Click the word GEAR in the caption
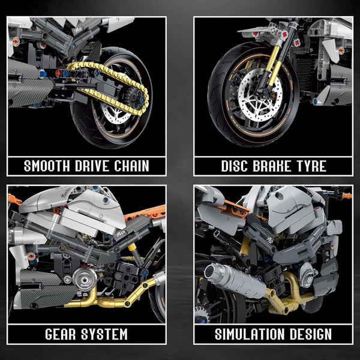pyautogui.click(x=62, y=334)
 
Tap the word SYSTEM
pyautogui.click(x=109, y=334)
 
